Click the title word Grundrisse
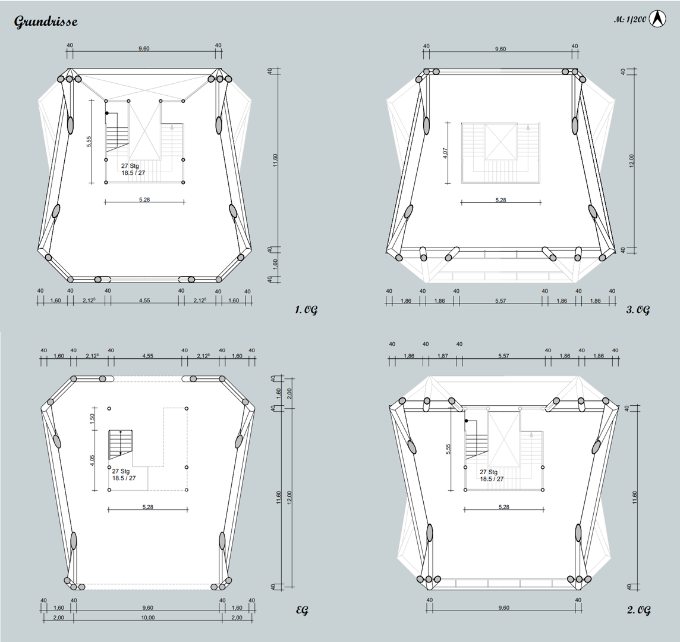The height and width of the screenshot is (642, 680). (46, 21)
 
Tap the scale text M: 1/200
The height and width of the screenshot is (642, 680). (629, 20)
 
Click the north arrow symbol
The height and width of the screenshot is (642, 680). (657, 20)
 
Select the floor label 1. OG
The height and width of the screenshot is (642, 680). (306, 310)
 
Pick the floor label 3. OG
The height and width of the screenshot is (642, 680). (638, 310)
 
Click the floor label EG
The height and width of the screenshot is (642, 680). (302, 610)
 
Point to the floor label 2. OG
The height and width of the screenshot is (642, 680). (639, 610)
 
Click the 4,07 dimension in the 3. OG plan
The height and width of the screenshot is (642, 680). (445, 153)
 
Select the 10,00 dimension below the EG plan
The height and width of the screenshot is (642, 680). (147, 618)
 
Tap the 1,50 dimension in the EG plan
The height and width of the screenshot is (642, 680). (92, 418)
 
